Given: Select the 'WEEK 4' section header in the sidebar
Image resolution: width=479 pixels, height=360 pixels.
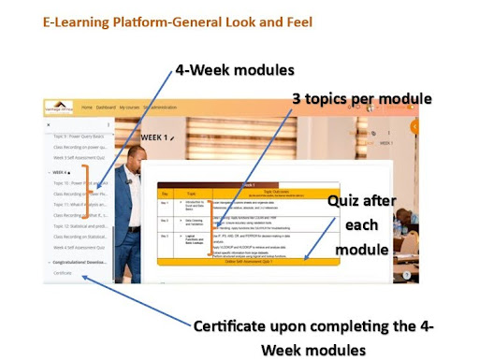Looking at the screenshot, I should coord(61,173).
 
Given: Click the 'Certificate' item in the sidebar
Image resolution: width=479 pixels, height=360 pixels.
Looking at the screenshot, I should coord(65,273).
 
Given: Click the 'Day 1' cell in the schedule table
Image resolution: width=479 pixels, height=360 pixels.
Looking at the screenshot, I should coord(165,201).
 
